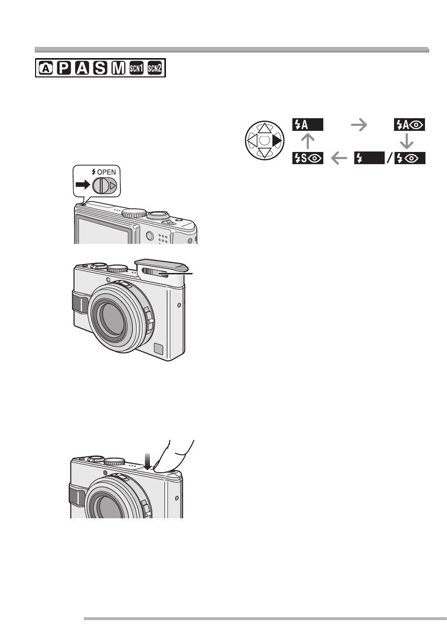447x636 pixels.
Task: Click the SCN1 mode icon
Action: coord(136,68)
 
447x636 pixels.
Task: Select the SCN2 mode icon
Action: coord(155,68)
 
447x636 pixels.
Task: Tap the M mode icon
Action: coord(118,68)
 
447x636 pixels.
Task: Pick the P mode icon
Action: coord(64,68)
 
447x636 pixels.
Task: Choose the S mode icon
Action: coord(100,68)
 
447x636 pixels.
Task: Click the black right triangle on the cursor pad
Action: coord(277,141)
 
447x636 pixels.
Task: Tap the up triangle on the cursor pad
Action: coord(265,128)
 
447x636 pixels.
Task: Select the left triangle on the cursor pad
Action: coord(252,140)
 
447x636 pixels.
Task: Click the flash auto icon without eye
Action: coord(308,125)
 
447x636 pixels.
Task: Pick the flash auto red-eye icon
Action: coord(409,125)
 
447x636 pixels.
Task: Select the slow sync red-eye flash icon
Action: coord(308,158)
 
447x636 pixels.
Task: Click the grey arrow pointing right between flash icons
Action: coord(359,125)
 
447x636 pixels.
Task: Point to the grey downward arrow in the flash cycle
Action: coord(406,141)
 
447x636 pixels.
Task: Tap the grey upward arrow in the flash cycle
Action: coord(308,141)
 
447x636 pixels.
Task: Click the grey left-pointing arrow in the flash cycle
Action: coord(339,158)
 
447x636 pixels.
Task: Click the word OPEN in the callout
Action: coord(106,172)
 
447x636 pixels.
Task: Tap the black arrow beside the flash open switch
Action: coord(83,185)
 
